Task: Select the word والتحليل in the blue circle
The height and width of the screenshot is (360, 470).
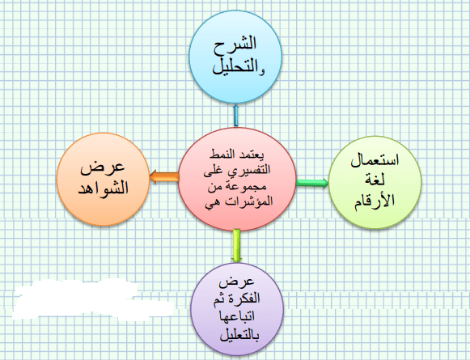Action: [239, 67]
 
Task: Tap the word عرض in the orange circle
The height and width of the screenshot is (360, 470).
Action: [102, 167]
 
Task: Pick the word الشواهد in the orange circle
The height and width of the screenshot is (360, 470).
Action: [104, 188]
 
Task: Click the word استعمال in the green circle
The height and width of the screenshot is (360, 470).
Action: [375, 159]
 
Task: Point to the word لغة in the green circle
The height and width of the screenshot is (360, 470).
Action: [375, 180]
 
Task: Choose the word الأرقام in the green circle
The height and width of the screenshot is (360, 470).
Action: [375, 201]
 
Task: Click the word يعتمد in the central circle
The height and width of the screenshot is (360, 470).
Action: [252, 155]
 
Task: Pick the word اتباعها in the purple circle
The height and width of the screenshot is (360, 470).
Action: [237, 316]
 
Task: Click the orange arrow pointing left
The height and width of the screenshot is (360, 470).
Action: [164, 176]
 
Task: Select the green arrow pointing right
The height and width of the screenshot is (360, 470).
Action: [312, 183]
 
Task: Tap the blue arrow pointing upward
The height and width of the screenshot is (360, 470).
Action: [236, 115]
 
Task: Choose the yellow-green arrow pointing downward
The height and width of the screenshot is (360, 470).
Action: [236, 246]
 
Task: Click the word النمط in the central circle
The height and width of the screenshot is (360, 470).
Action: [222, 155]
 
